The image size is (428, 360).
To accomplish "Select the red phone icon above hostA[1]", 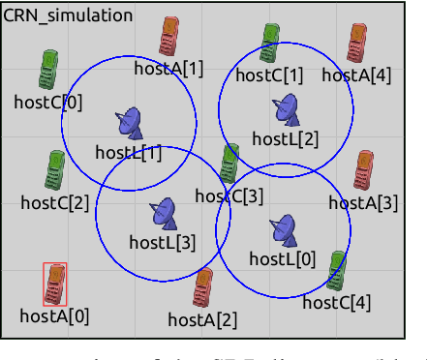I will [x=170, y=38].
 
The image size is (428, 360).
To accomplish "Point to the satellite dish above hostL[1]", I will [x=129, y=122].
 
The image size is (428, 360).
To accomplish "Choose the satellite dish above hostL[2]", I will [x=285, y=108].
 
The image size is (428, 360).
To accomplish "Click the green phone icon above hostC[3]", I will [x=229, y=164].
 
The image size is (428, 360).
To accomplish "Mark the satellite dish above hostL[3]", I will [x=163, y=213].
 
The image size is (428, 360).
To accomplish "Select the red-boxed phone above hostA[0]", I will [x=56, y=284].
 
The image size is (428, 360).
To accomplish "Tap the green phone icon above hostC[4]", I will [x=336, y=271].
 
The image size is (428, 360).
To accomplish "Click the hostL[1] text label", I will [x=129, y=152].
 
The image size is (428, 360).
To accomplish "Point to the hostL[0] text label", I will [x=283, y=258].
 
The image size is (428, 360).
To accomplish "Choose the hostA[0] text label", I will [x=54, y=315].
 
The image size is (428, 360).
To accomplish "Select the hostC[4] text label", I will [x=336, y=302].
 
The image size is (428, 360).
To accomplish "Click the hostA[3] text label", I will [x=363, y=202].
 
